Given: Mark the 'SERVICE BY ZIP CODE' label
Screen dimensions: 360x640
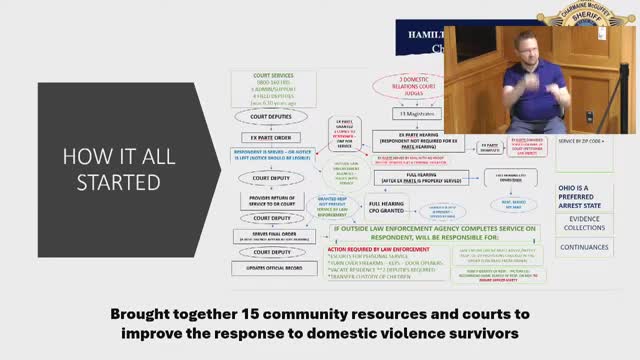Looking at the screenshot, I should [582, 141].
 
